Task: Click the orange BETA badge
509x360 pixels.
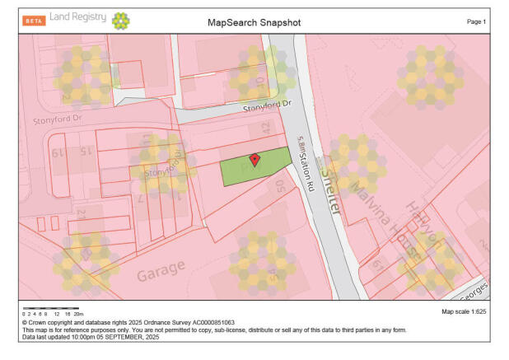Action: tap(35, 20)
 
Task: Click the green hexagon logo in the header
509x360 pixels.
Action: tap(120, 21)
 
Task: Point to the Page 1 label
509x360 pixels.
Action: tap(477, 21)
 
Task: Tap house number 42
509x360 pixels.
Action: tap(266, 128)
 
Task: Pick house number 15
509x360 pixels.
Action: tap(85, 152)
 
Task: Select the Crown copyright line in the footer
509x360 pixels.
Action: tap(129, 322)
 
